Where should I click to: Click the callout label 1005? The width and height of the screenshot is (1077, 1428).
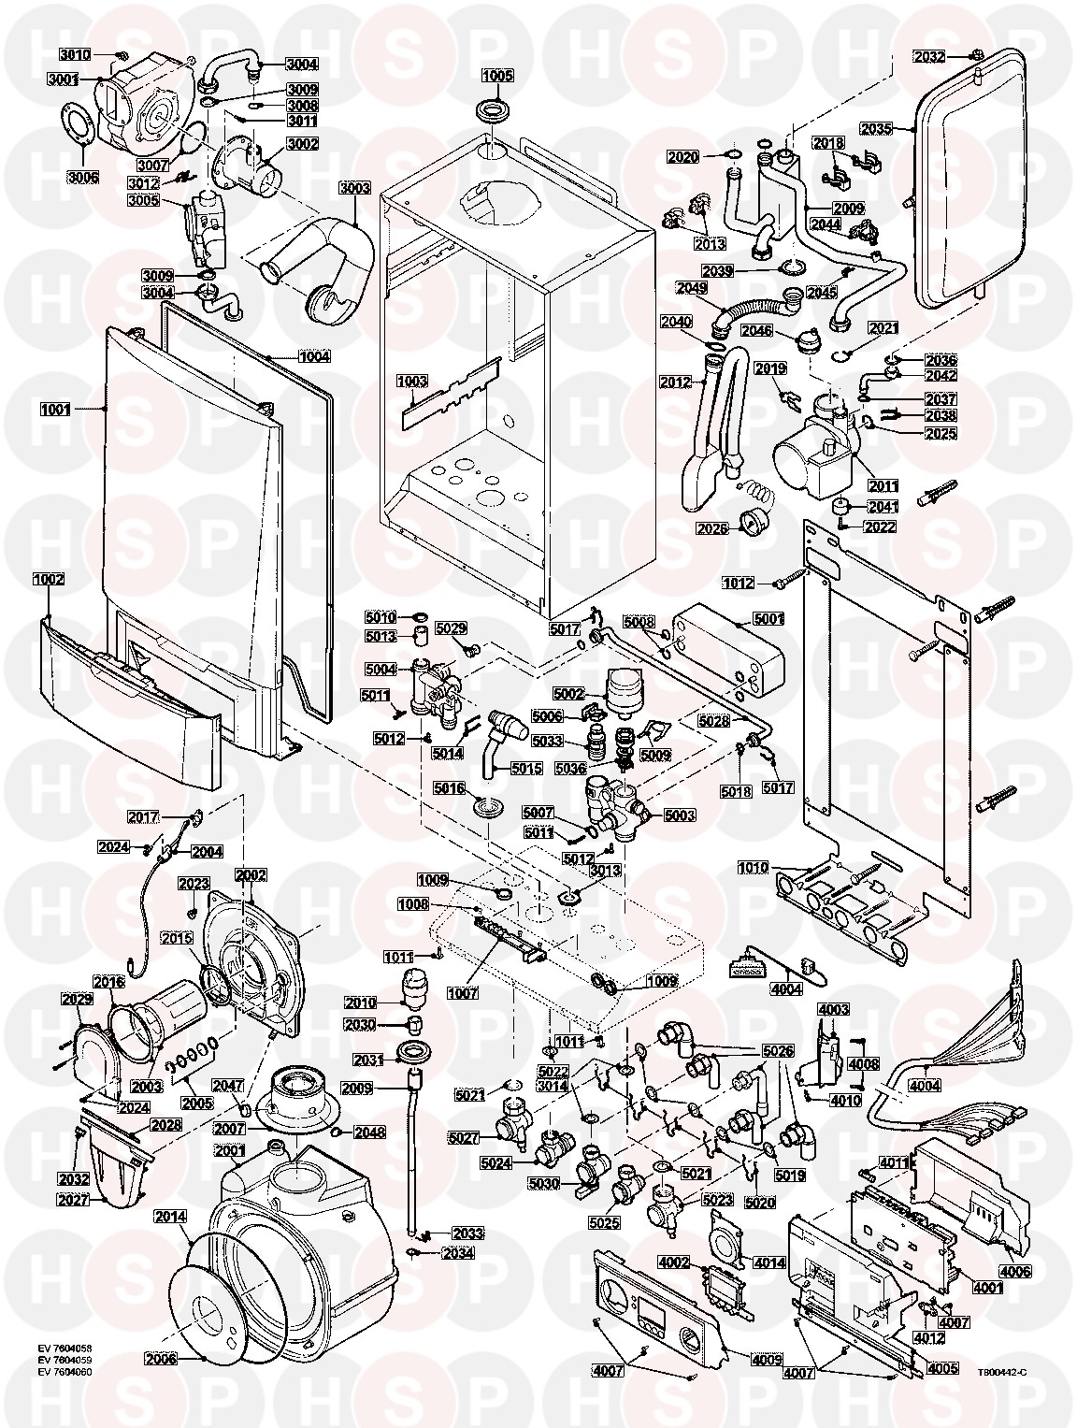497,76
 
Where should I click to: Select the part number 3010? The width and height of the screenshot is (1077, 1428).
76,54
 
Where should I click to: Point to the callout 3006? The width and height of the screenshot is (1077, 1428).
84,177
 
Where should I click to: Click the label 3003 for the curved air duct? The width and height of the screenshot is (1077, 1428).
354,188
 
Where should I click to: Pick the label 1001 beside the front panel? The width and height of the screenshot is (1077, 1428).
55,410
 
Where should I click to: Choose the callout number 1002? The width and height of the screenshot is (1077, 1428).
49,578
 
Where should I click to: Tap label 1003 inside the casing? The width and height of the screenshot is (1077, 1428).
412,381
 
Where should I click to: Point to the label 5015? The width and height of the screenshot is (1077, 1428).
526,769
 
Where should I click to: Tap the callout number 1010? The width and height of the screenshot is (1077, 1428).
754,867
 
